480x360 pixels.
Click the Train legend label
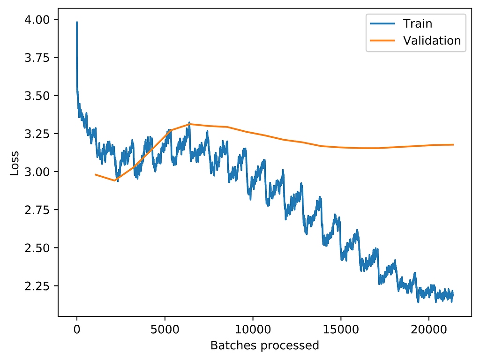tap(417, 24)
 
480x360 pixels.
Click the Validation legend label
tap(432, 41)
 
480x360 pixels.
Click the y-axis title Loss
tap(15, 163)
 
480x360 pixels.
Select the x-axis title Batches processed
tap(264, 346)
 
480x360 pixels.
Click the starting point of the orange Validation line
tap(95, 174)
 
